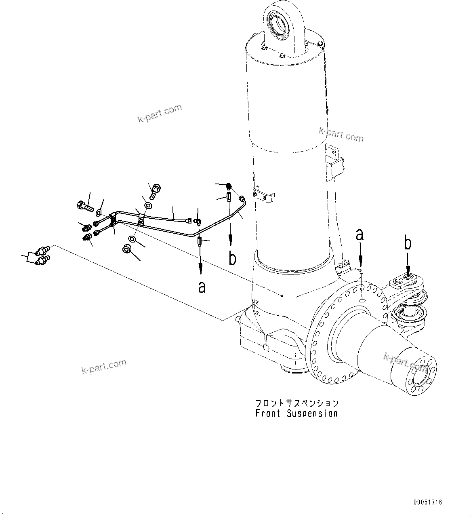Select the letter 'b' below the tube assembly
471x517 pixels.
coord(232,258)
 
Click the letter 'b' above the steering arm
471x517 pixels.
coord(408,244)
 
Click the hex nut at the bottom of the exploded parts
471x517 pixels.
coord(126,249)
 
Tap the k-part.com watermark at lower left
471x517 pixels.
coord(104,367)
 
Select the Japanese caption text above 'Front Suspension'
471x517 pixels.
coord(296,403)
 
